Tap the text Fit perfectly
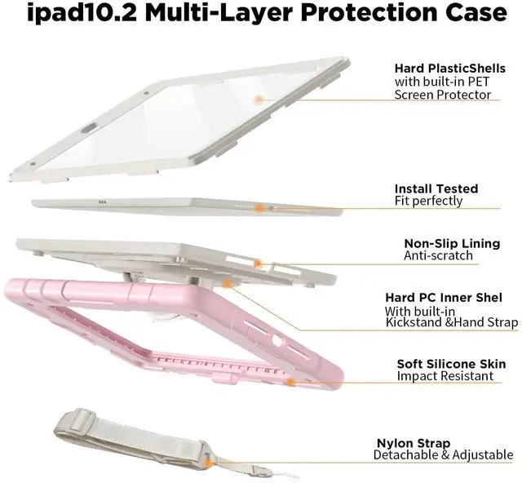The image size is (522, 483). click(428, 201)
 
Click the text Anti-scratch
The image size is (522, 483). click(438, 255)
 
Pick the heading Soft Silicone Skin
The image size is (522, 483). click(451, 364)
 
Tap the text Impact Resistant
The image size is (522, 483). click(445, 376)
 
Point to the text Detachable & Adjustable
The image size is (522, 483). click(444, 454)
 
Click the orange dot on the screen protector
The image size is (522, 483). click(259, 99)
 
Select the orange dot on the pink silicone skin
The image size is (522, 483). click(289, 380)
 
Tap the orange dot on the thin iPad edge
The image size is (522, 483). click(259, 209)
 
